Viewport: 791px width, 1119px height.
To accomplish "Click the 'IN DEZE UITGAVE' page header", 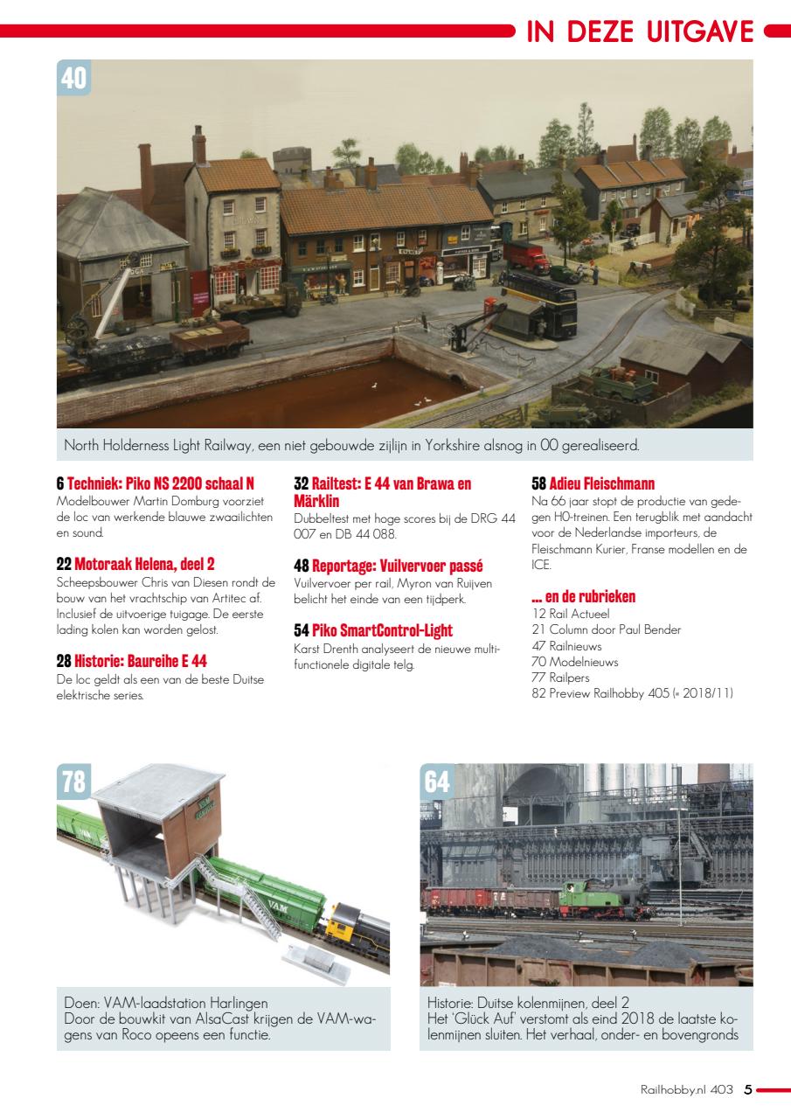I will pyautogui.click(x=640, y=31).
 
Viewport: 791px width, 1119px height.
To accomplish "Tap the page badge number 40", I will pyautogui.click(x=74, y=79).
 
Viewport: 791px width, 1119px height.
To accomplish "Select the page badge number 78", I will pyautogui.click(x=74, y=782).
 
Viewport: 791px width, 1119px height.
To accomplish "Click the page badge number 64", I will pyautogui.click(x=438, y=782).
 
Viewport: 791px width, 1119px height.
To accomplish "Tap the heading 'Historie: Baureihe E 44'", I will pyautogui.click(x=131, y=661).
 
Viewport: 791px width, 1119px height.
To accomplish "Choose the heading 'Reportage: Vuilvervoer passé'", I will pyautogui.click(x=388, y=566).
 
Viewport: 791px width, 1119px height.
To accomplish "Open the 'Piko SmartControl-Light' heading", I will pyautogui.click(x=373, y=630).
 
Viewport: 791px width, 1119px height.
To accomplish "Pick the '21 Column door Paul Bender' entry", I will pyautogui.click(x=606, y=629).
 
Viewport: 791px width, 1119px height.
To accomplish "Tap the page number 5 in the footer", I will pyautogui.click(x=747, y=1089).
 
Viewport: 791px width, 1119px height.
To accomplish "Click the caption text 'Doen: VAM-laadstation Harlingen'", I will pyautogui.click(x=166, y=1003).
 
